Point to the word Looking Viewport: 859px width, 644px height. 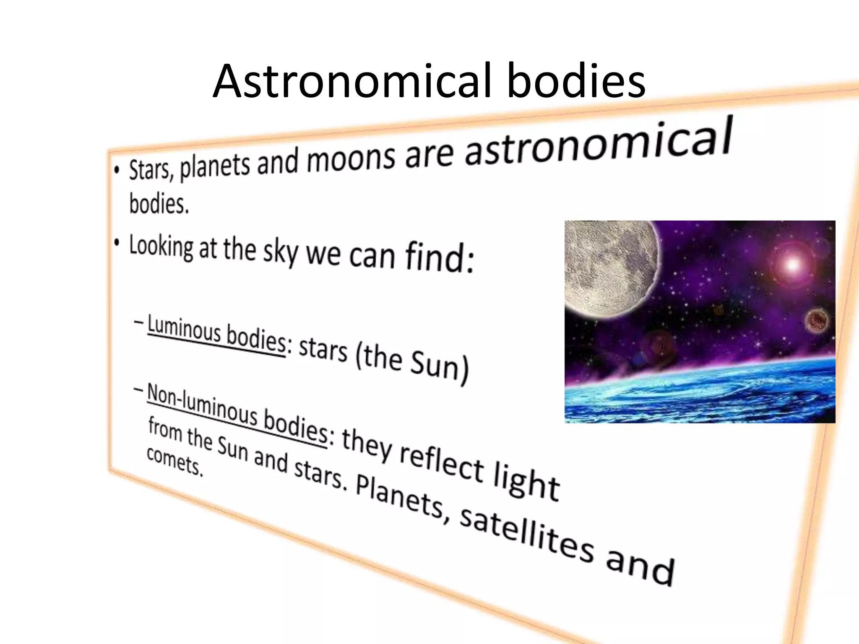click(x=161, y=247)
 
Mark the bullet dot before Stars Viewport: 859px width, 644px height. click(x=117, y=170)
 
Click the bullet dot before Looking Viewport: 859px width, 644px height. click(x=118, y=242)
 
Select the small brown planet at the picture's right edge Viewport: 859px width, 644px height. click(x=816, y=321)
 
